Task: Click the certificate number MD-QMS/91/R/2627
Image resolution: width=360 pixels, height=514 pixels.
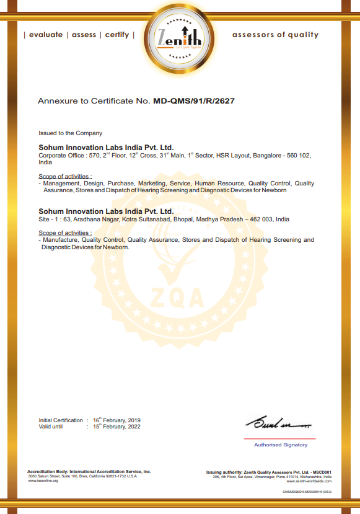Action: pyautogui.click(x=194, y=100)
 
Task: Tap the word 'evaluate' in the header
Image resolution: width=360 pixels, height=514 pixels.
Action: pyautogui.click(x=46, y=35)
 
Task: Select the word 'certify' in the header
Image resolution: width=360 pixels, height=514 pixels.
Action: pyautogui.click(x=117, y=35)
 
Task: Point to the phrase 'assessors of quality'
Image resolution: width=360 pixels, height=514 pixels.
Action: pyautogui.click(x=275, y=35)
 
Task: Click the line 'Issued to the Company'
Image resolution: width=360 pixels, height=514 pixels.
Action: pyautogui.click(x=71, y=133)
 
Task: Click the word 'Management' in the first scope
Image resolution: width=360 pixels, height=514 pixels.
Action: pyautogui.click(x=61, y=184)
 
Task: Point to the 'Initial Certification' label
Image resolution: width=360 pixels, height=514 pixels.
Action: pyautogui.click(x=61, y=420)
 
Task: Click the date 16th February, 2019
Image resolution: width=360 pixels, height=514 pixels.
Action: pyautogui.click(x=117, y=420)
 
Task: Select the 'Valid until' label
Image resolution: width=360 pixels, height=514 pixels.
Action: pyautogui.click(x=51, y=427)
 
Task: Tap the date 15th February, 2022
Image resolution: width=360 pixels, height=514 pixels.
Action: pyautogui.click(x=117, y=427)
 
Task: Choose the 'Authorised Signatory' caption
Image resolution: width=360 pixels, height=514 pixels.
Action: pyautogui.click(x=281, y=445)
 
